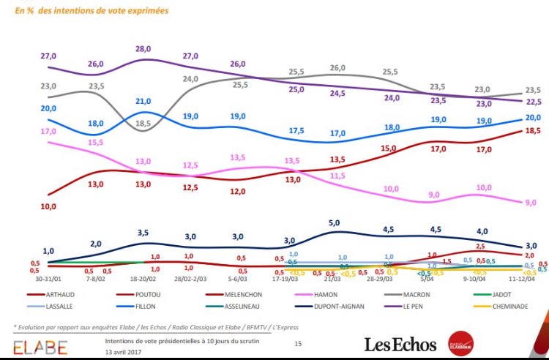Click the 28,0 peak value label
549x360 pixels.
143,48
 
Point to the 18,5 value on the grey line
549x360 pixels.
143,124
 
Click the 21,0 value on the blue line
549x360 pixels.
143,101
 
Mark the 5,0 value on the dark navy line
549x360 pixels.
335,222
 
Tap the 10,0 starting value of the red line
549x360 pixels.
48,207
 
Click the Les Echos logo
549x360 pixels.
401,344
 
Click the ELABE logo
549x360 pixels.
40,345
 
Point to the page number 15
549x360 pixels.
298,343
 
